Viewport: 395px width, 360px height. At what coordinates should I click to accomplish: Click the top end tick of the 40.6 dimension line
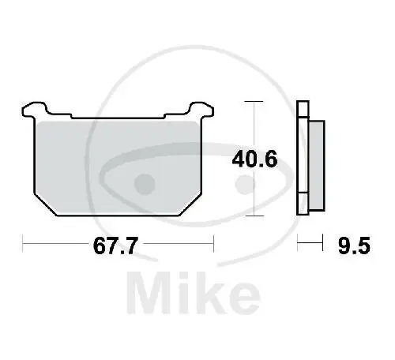coord(252,102)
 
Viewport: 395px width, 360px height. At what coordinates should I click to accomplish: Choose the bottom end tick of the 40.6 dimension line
coord(252,216)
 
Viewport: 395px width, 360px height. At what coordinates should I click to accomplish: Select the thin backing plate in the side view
coord(301,158)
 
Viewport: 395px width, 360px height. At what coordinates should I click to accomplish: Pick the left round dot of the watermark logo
coord(143,185)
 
